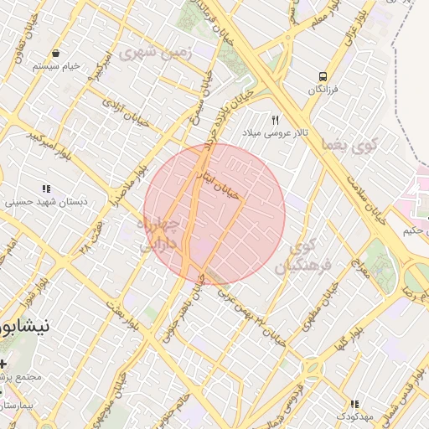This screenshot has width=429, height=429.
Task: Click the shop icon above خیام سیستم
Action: click(x=55, y=53)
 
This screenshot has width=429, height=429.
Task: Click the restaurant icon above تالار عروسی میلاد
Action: click(x=275, y=120)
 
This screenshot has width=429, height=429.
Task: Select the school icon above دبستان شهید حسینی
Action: click(x=45, y=189)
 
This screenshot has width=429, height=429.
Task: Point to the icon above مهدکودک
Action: click(x=354, y=404)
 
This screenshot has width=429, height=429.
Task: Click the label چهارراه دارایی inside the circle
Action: click(x=158, y=234)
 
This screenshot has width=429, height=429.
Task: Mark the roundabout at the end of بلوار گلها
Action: click(x=311, y=368)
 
